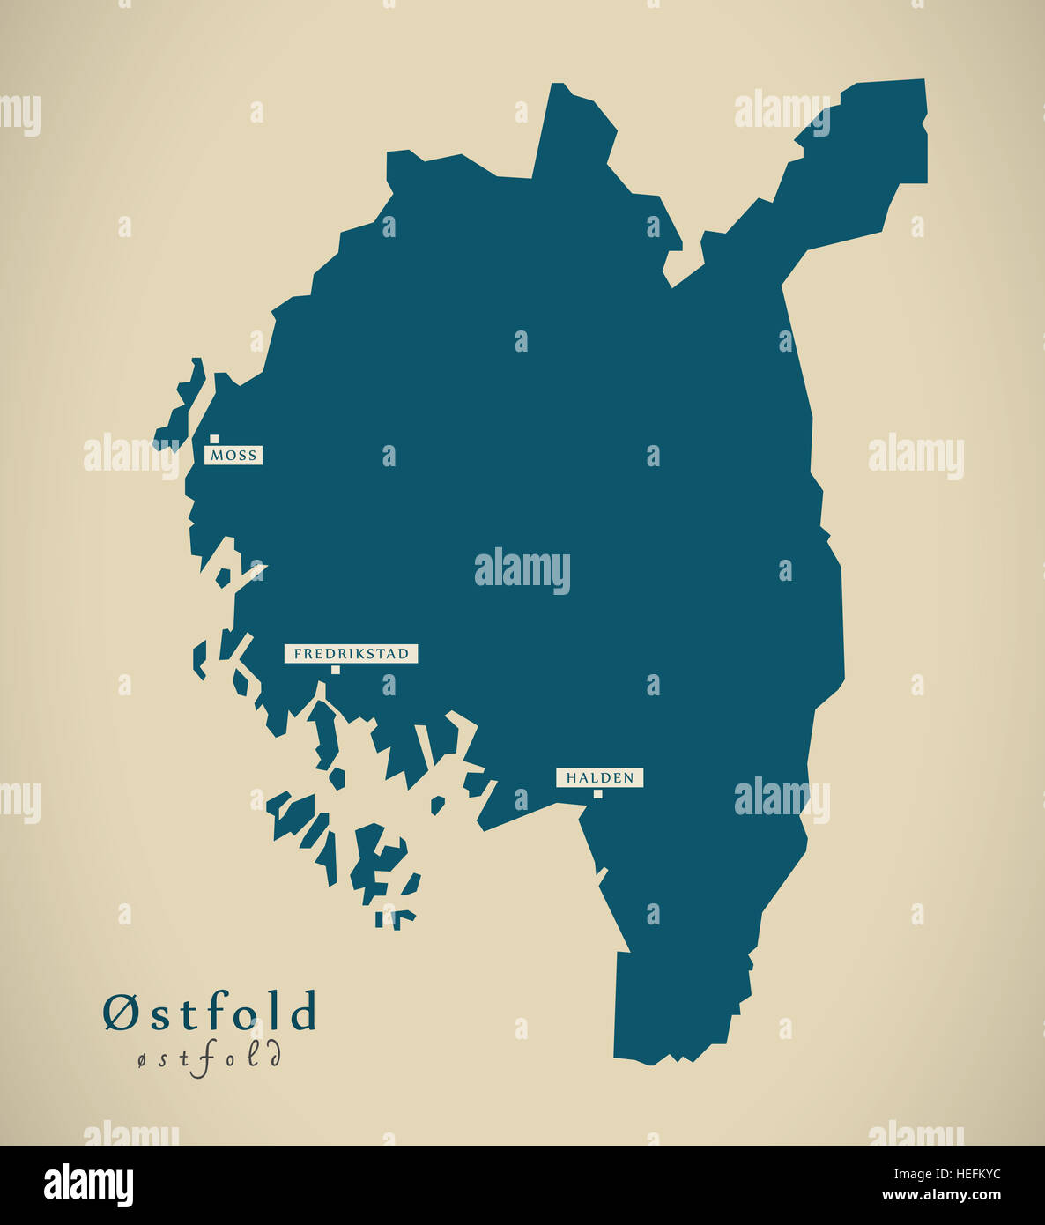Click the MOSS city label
233,455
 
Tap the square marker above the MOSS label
214,439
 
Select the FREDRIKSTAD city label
351,654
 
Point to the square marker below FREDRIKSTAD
335,670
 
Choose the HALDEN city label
599,777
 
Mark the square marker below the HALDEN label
597,794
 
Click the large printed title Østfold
209,1012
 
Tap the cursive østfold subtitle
209,1058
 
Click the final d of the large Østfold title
303,1012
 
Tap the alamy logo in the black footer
88,1184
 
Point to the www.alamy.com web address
940,1196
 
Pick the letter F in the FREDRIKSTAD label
298,654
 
